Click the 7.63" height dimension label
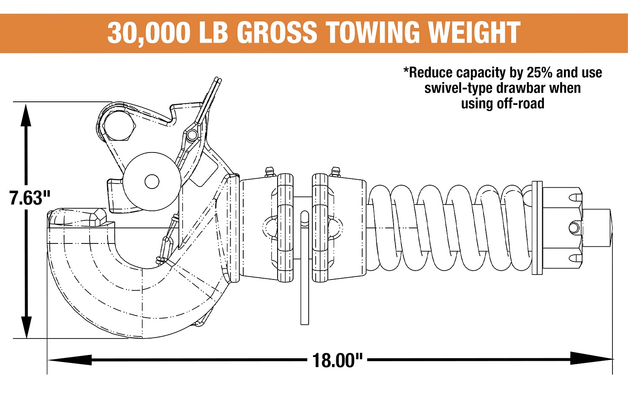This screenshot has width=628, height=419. click(29, 198)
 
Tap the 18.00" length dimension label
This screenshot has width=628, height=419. click(337, 360)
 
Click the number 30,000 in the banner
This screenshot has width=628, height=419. click(149, 33)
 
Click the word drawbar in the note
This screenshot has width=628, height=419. click(517, 88)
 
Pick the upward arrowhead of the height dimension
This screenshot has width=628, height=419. click(26, 115)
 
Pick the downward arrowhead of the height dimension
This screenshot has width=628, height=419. click(26, 327)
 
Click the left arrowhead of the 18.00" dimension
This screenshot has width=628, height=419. click(69, 360)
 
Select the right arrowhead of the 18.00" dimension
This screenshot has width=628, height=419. click(592, 359)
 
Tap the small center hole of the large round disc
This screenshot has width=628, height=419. click(152, 181)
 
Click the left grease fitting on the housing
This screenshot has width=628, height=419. click(270, 172)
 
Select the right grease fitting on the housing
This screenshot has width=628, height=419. click(336, 172)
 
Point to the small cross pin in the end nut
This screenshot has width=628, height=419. click(574, 228)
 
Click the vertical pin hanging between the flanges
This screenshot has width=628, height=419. click(304, 268)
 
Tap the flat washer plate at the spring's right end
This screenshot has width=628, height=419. click(537, 228)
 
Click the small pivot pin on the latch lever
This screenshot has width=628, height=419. click(192, 135)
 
